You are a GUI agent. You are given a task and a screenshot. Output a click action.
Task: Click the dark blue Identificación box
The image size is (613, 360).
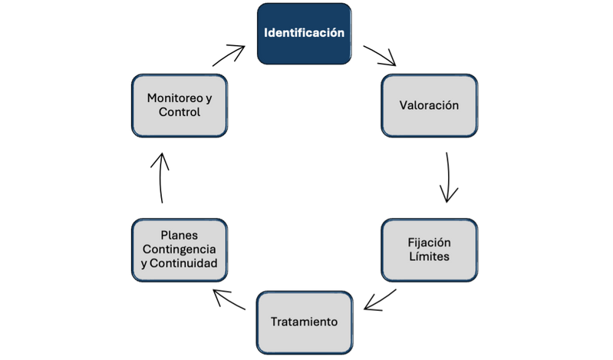[x=304, y=34]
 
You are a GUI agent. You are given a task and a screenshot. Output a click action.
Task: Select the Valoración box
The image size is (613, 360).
[x=430, y=105]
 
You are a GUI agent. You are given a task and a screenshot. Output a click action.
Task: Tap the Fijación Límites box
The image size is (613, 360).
[x=430, y=249]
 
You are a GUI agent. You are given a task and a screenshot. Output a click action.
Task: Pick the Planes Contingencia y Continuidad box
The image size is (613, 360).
[x=180, y=249]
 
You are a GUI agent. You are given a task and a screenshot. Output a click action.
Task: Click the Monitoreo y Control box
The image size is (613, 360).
[x=180, y=105]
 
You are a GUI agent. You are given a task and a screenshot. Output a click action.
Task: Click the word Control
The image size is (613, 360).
[x=180, y=112]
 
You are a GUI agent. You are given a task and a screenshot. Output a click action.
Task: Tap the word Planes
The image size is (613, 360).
[x=180, y=236]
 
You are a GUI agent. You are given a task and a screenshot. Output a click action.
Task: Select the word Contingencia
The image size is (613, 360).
[x=180, y=249]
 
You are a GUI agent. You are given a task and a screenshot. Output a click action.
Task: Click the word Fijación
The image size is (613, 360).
[x=430, y=243]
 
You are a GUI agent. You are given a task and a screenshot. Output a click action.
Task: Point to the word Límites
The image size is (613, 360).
[x=430, y=256]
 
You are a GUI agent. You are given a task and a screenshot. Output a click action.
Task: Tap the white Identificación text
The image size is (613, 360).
[x=304, y=34]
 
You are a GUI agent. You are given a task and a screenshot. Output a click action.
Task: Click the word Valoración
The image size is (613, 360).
[x=430, y=105]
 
